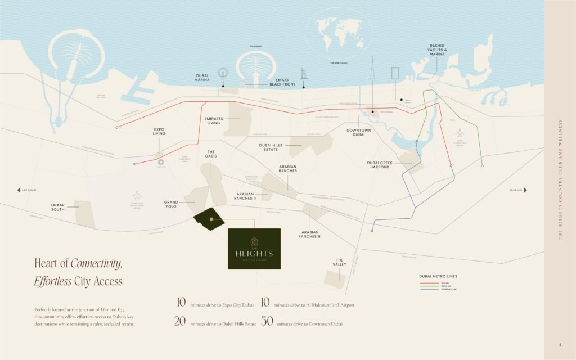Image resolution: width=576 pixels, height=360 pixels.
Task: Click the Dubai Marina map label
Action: point(202,78)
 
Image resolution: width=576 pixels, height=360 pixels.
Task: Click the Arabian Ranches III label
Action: point(310,235)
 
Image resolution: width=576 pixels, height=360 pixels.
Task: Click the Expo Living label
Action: point(159,132)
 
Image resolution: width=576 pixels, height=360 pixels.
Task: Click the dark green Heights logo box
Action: point(254,249)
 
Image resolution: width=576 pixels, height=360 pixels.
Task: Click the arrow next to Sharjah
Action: point(525,190)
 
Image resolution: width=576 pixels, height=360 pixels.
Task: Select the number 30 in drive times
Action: point(267,322)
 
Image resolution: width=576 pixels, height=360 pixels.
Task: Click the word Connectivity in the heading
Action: point(96,263)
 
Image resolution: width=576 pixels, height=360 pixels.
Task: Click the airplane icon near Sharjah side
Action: point(460,132)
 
